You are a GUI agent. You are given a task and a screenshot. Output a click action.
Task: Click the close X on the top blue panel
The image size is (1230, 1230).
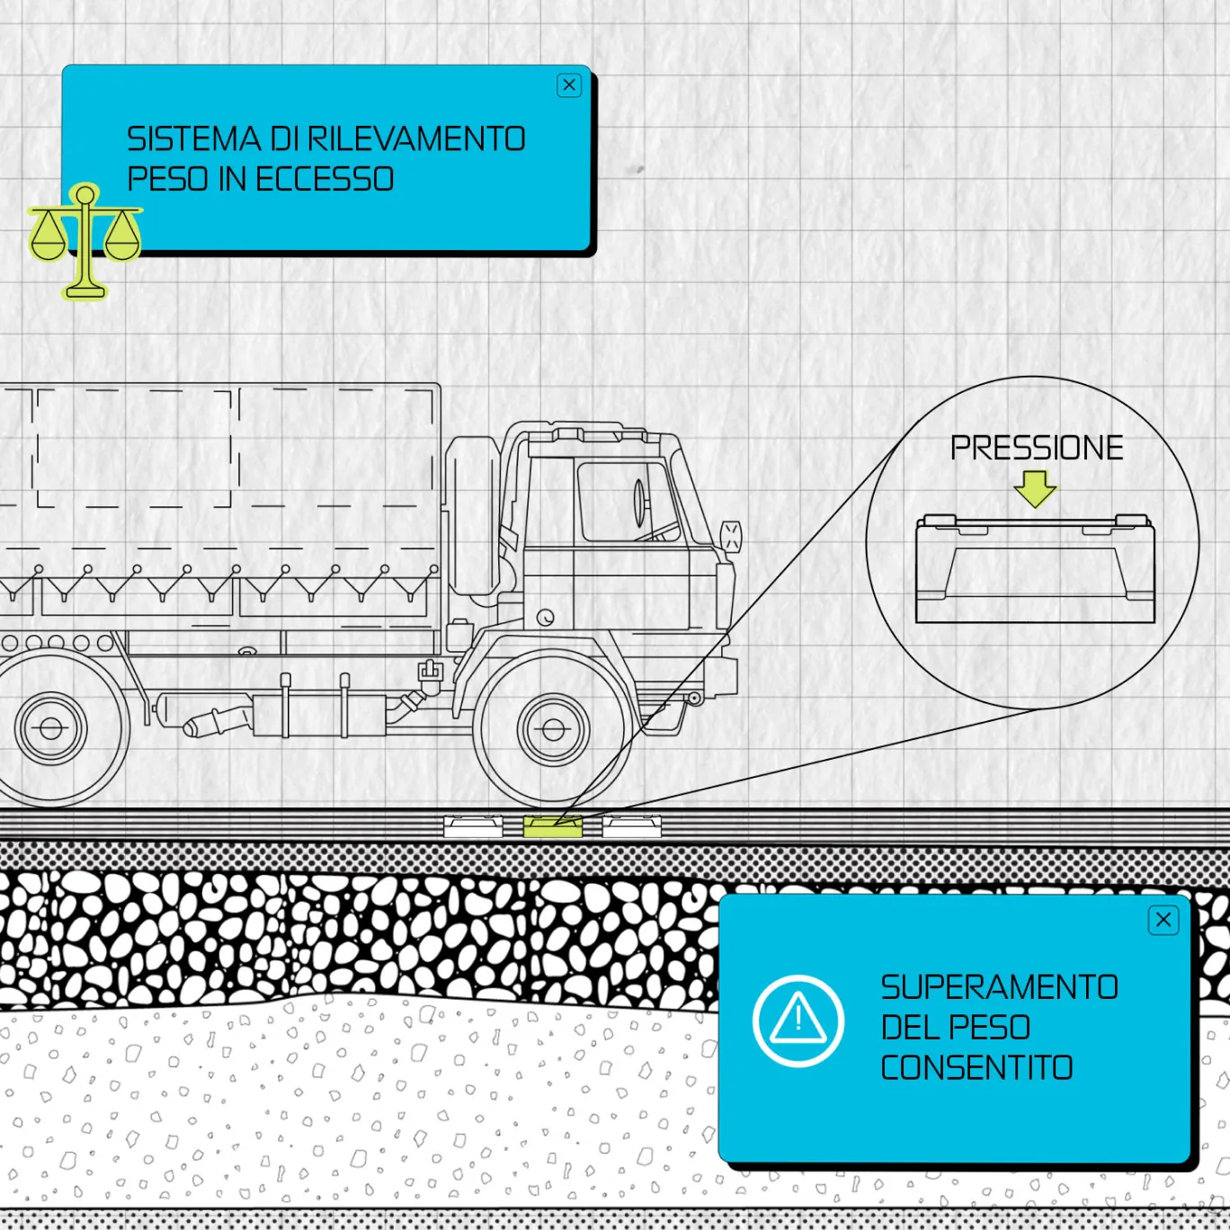pos(569,85)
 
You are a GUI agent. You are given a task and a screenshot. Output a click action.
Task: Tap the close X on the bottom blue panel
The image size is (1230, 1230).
pos(1163,920)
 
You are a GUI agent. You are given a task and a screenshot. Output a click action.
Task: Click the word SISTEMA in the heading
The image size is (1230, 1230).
pos(193,139)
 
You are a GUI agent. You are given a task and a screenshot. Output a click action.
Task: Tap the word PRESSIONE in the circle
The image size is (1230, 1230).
pos(1037,448)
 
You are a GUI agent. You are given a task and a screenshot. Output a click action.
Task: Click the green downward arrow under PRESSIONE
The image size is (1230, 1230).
pos(1035,488)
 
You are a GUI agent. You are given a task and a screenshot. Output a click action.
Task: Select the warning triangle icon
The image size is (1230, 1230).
pos(798,1021)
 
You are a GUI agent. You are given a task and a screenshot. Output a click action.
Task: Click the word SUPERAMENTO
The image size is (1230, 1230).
pos(999,987)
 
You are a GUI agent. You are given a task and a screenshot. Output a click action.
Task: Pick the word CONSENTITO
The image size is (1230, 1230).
pos(976,1068)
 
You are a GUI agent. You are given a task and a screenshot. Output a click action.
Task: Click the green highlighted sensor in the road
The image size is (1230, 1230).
pos(553,825)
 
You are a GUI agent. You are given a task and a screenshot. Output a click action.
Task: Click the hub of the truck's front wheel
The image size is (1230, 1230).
pos(554,729)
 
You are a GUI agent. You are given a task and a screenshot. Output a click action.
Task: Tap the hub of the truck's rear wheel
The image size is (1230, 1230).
pos(50,728)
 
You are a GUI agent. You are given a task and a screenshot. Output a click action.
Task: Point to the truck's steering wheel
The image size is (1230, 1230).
pos(640,504)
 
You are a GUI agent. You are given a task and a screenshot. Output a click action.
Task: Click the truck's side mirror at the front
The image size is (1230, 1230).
pos(731,536)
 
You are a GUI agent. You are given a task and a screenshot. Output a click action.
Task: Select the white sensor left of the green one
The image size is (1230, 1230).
pos(473,825)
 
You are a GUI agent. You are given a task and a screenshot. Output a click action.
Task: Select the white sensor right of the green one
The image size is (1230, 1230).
pos(632,825)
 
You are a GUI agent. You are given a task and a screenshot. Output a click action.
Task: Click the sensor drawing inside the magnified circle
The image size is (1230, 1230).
pos(1035,568)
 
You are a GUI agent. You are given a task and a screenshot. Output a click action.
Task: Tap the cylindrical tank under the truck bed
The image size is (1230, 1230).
pos(315,716)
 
